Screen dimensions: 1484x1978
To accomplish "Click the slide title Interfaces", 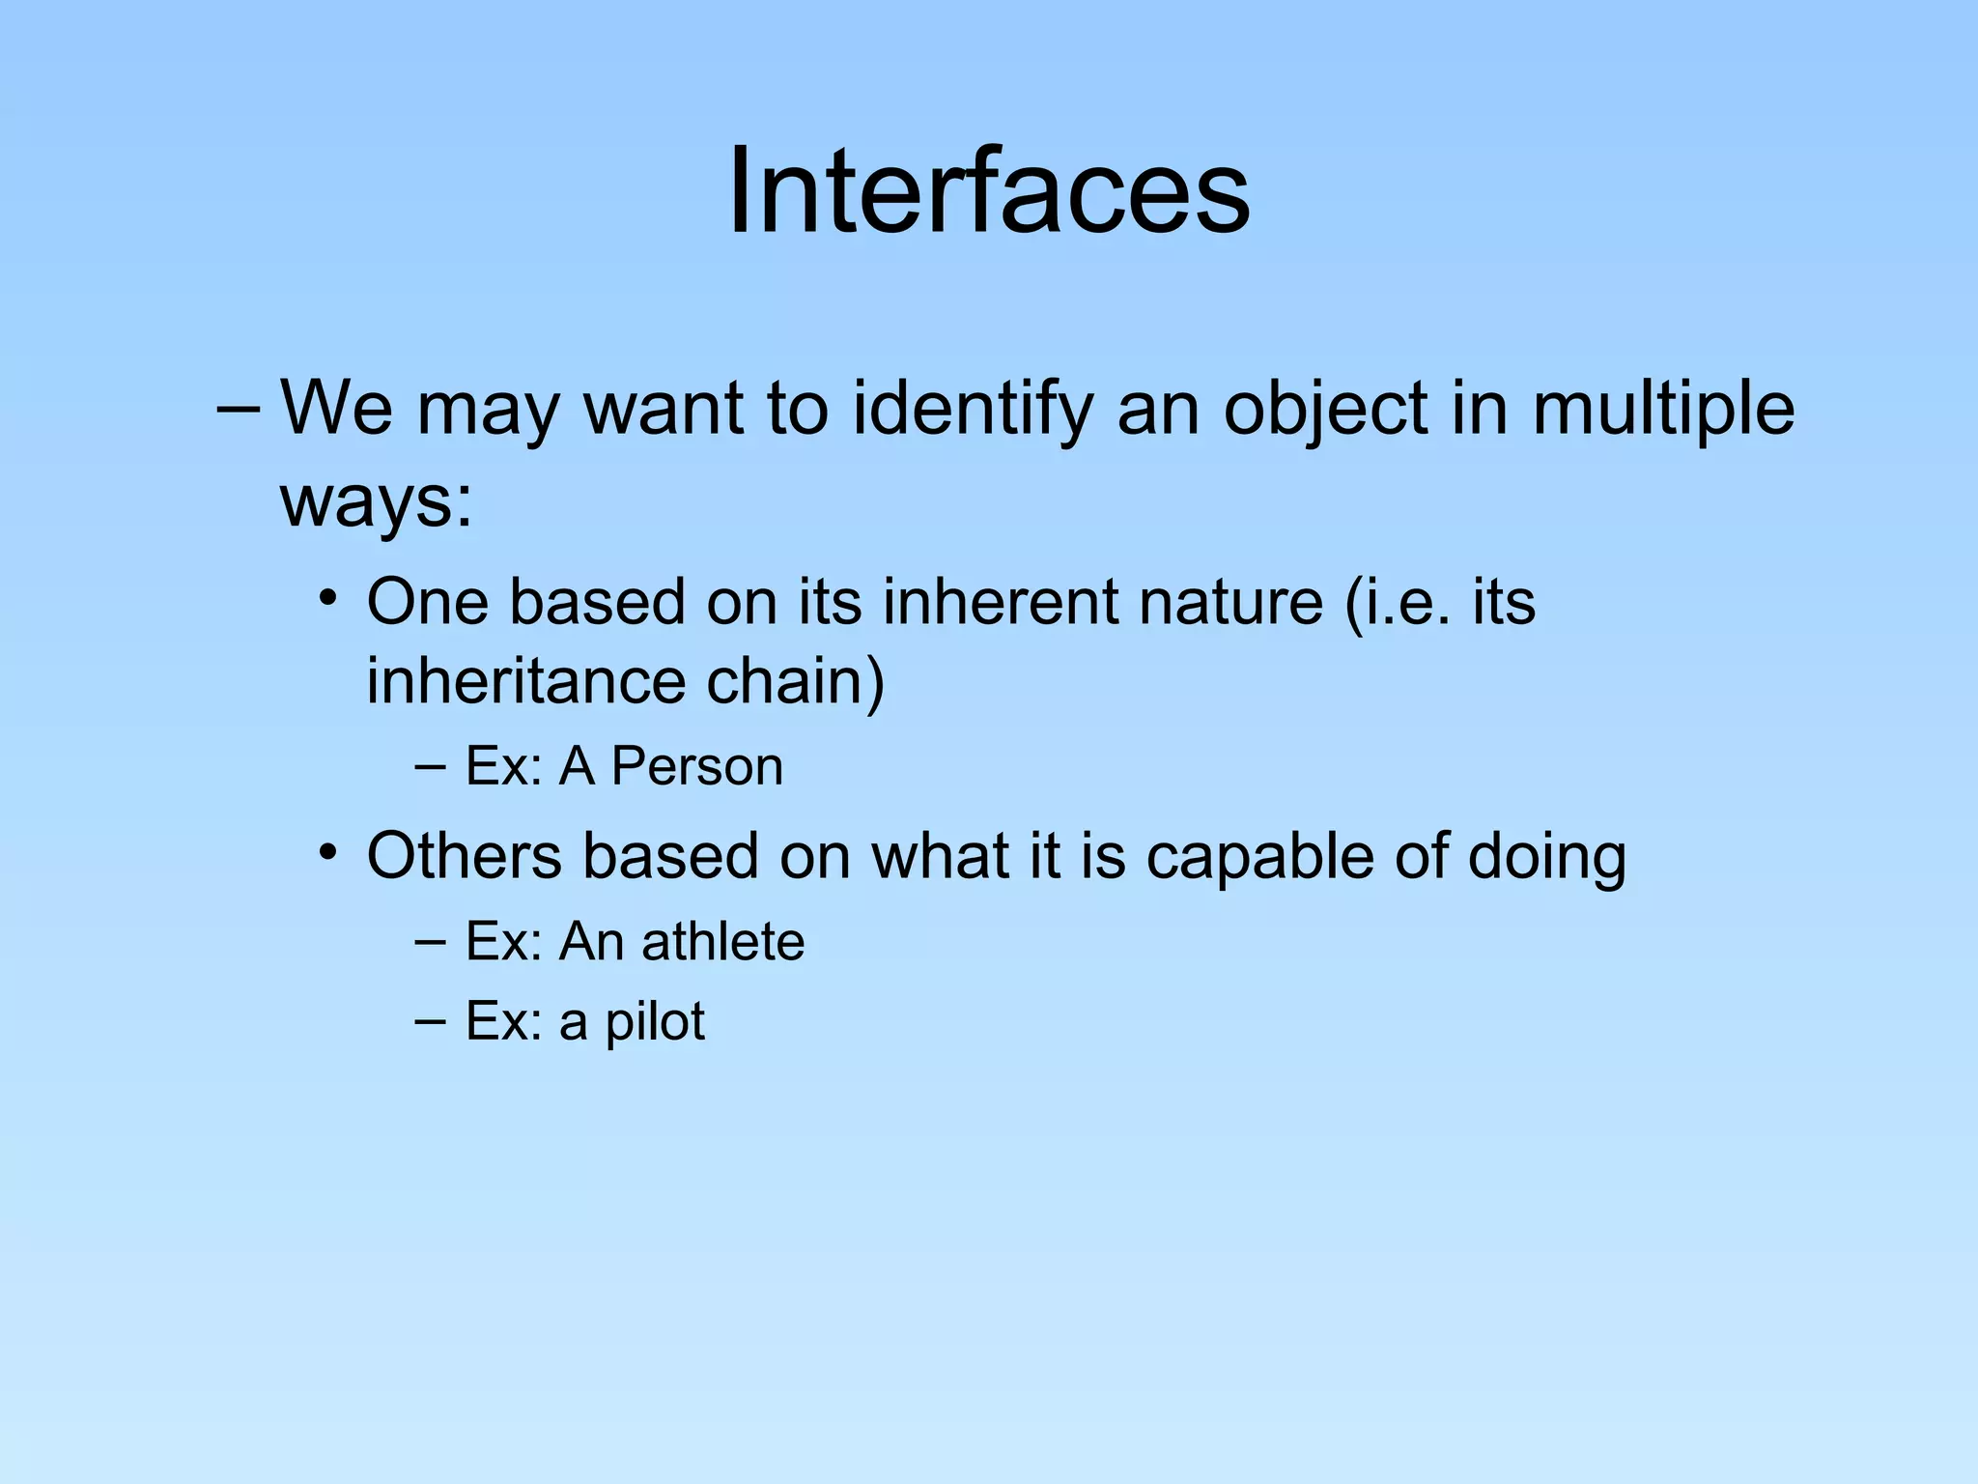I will [988, 190].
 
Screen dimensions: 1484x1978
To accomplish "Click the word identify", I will [974, 410].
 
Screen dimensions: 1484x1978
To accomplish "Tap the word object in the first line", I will [1326, 410].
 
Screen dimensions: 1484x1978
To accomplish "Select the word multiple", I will [1662, 410].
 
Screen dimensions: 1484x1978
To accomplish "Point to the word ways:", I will [377, 502].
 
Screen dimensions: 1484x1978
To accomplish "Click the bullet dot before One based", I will [329, 598].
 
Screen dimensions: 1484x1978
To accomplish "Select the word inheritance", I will [526, 681].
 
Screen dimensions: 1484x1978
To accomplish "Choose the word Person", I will [696, 767].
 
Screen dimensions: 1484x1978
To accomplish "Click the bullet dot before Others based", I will [329, 852].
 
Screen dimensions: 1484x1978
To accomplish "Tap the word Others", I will [465, 856].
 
